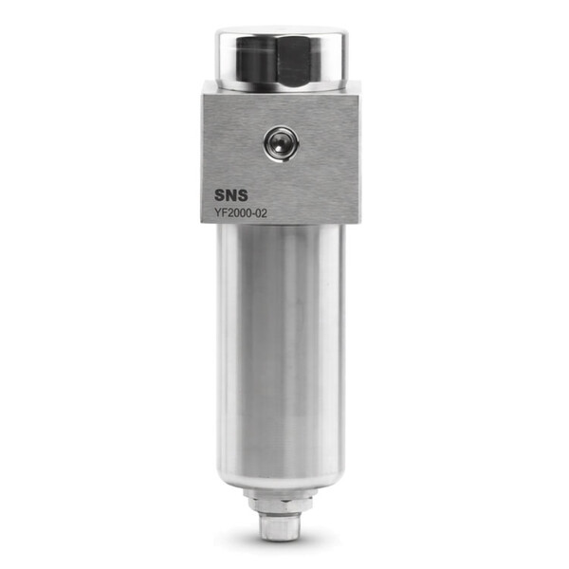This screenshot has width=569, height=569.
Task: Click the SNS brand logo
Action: tap(230, 195)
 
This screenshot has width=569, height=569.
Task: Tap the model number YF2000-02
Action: tap(240, 213)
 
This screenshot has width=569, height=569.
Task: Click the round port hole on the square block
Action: tap(282, 143)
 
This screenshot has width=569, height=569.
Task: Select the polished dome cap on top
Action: tap(282, 59)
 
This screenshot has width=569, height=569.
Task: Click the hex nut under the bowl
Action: tap(281, 505)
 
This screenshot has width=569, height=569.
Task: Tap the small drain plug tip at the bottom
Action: tap(281, 527)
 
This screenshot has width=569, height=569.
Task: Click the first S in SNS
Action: tap(220, 195)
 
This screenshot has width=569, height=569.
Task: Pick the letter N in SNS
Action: tap(231, 195)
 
